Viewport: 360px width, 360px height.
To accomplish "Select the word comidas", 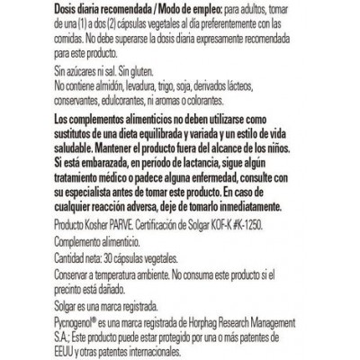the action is pos(75,35).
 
